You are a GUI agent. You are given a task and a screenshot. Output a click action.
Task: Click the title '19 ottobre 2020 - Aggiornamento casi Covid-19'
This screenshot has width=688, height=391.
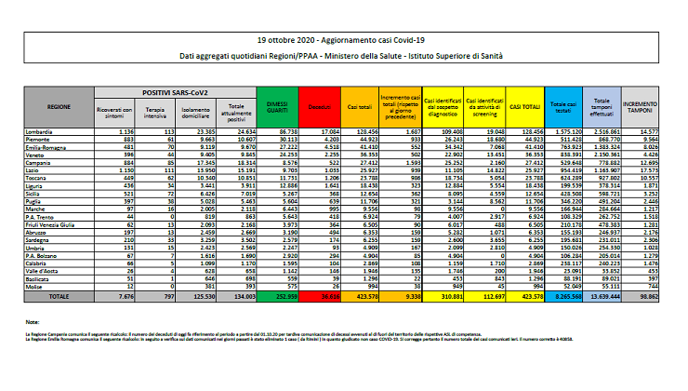coord(344,42)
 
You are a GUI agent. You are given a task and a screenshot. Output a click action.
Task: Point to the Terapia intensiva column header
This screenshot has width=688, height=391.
coord(156,113)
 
